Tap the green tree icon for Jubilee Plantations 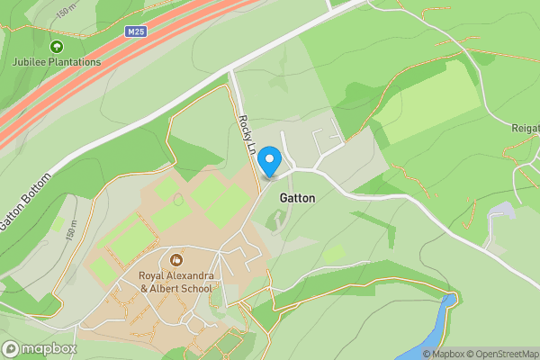[57, 46]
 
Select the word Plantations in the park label [76, 62]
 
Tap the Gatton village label [297, 196]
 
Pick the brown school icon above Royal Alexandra [175, 259]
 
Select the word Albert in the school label [169, 289]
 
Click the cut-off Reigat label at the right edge [524, 129]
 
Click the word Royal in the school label [152, 274]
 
